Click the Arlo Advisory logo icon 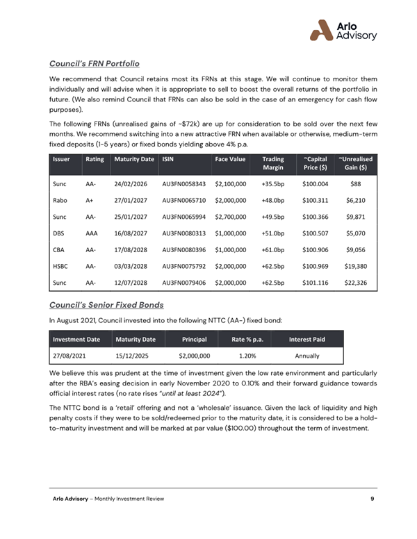(322, 30)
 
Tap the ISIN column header (167, 159)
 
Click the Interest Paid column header (306, 339)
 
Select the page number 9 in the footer (373, 499)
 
